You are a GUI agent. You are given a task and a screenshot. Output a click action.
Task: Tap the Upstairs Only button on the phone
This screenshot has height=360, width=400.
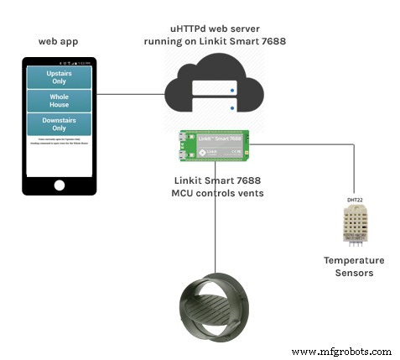[x=60, y=77]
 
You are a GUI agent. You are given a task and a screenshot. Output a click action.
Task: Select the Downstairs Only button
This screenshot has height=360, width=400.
[x=60, y=123]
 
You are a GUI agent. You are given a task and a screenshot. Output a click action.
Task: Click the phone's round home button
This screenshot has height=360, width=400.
[x=59, y=185]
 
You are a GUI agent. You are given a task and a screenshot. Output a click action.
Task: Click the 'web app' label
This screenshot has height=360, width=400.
[x=59, y=41]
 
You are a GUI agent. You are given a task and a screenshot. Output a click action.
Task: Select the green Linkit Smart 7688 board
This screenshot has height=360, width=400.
[x=213, y=144]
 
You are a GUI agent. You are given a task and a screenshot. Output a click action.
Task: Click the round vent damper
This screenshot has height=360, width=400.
[x=214, y=305]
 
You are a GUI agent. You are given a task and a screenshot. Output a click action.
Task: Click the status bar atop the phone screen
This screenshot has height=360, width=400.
[x=60, y=64]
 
